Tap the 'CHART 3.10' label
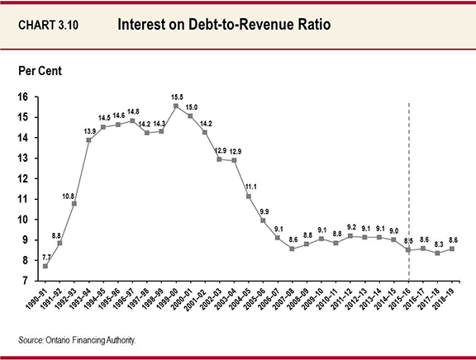(53, 25)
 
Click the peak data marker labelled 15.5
(175, 106)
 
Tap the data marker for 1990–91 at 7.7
(45, 266)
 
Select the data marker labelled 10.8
(74, 203)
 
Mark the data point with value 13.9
(88, 140)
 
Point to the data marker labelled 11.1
(248, 197)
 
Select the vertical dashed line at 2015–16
(411, 182)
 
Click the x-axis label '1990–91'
(36, 302)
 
